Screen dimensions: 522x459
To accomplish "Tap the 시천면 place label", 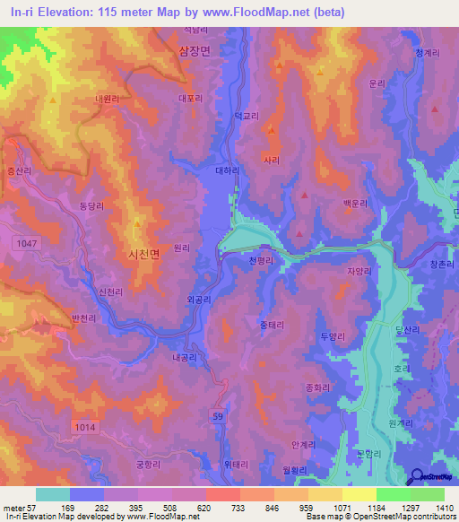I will [x=143, y=254].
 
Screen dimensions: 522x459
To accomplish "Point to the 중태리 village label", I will [x=271, y=324].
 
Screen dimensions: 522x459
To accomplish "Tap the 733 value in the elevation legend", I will [x=222, y=508].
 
